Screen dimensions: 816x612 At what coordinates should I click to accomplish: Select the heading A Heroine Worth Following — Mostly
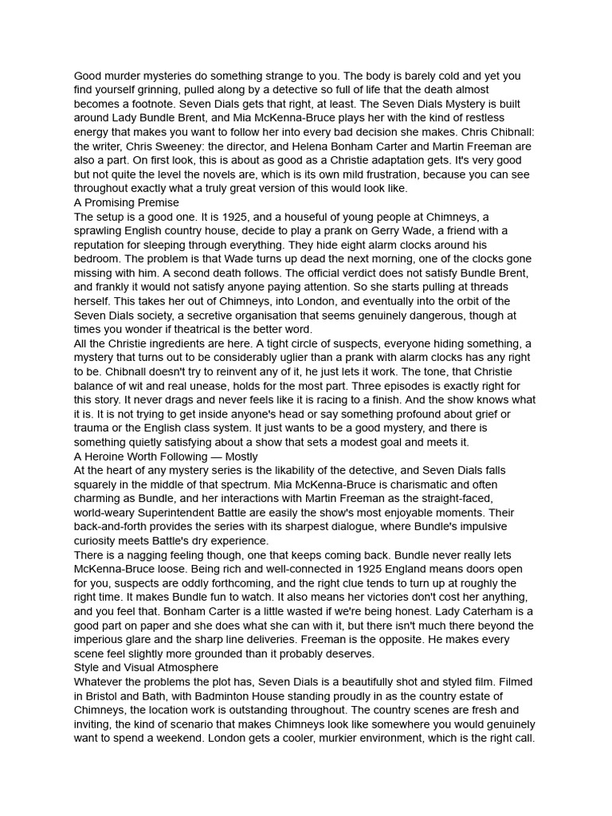166,457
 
